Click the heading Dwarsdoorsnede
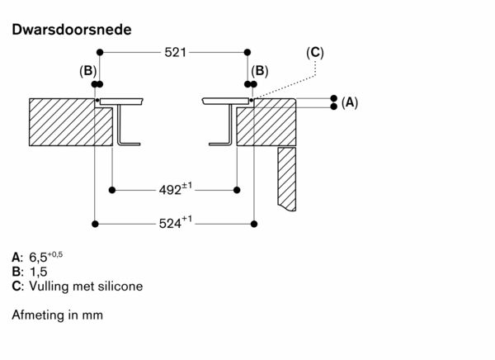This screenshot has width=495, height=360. coord(71,30)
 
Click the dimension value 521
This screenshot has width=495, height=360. coord(174,52)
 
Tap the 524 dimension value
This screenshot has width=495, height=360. coord(175,223)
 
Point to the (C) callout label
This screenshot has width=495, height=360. coord(314,53)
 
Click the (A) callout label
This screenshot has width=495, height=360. coord(349,102)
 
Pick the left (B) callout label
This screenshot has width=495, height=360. coord(87,72)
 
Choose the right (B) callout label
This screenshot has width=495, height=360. coord(260,72)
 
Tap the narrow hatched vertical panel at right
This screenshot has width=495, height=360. coord(286,178)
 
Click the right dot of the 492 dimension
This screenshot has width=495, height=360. coord(238,190)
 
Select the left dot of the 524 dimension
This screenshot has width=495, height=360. coord(97,224)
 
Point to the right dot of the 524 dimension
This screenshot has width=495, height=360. coord(253,224)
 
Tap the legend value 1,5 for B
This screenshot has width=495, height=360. coord(37,272)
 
